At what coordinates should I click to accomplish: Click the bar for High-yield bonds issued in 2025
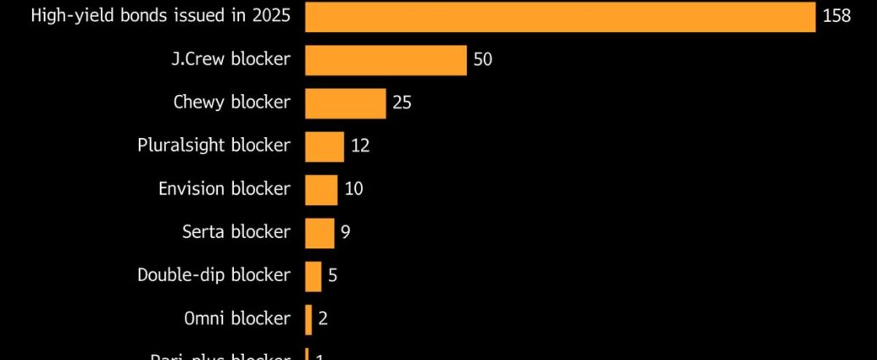[559, 17]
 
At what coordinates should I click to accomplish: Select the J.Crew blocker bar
[386, 60]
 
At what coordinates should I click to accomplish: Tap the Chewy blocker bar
[345, 103]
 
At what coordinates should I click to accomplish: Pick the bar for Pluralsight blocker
[325, 147]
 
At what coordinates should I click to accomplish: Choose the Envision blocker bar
[321, 190]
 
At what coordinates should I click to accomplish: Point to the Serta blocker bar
[319, 232]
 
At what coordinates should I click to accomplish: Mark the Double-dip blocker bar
[313, 275]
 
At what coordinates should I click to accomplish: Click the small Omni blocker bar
[308, 318]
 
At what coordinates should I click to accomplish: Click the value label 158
[836, 17]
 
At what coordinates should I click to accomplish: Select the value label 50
[483, 60]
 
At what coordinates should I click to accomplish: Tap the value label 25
[402, 103]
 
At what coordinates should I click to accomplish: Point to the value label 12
[360, 147]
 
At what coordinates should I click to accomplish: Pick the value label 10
[353, 190]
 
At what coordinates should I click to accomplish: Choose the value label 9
[346, 232]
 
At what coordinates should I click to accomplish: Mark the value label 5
[333, 275]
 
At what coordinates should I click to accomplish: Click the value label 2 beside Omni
[323, 318]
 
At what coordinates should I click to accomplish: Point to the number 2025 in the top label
[269, 17]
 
